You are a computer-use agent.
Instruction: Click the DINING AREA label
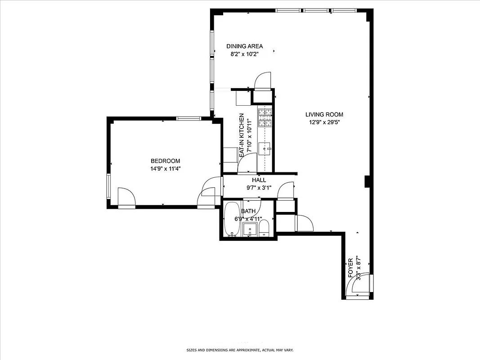coord(244,46)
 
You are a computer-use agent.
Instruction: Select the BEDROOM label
coord(165,161)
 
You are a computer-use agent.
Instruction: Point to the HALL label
coord(259,180)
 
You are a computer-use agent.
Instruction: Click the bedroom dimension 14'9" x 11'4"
coord(165,169)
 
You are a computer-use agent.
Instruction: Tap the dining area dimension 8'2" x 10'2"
coord(244,54)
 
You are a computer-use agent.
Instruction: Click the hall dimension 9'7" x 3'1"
coord(259,188)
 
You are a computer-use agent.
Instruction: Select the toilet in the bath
coord(264,228)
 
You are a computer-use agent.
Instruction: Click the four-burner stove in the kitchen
coord(265,117)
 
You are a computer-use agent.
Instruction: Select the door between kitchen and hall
coord(248,163)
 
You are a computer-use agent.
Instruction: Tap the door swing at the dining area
coord(263,81)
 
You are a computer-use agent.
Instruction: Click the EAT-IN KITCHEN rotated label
coord(242,135)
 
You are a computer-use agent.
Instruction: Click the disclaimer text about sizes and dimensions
coord(240,350)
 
